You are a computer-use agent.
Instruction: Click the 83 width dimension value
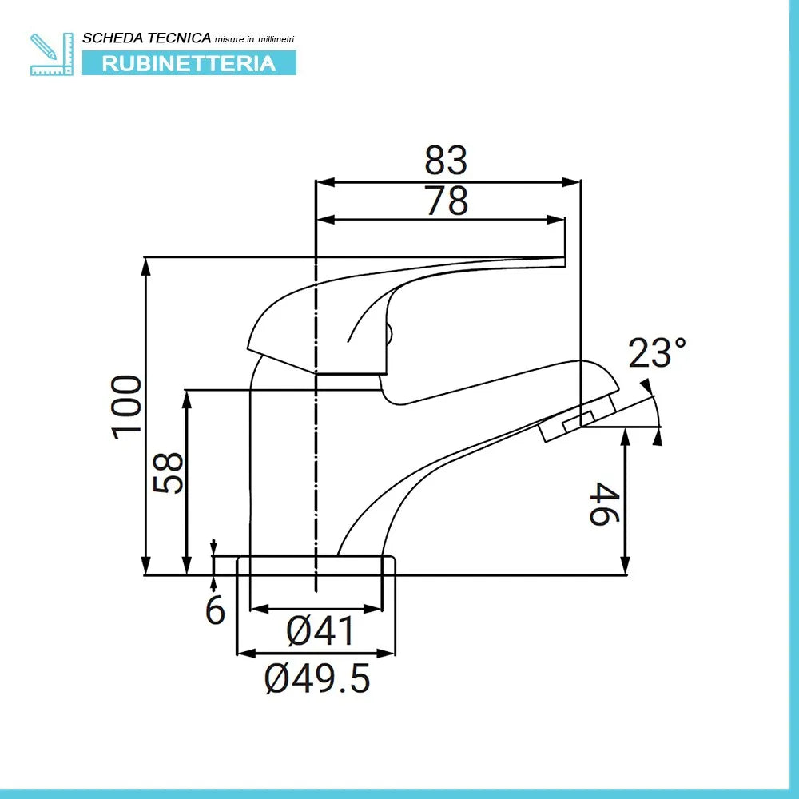[x=446, y=161]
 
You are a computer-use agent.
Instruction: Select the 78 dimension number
[x=446, y=201]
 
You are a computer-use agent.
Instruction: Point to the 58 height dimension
[x=169, y=472]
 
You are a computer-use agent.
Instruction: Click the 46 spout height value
[x=605, y=503]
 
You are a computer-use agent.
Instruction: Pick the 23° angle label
[x=657, y=353]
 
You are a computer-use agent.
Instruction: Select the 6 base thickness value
[x=216, y=610]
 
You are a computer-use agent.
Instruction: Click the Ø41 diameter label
[x=320, y=632]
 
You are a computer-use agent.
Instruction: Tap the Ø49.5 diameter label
[x=318, y=679]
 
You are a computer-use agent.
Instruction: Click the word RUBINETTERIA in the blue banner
[x=189, y=63]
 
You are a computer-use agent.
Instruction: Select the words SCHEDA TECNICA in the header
[x=147, y=38]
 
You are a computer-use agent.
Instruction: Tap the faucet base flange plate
[x=316, y=565]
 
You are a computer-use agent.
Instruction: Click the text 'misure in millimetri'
[x=255, y=38]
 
